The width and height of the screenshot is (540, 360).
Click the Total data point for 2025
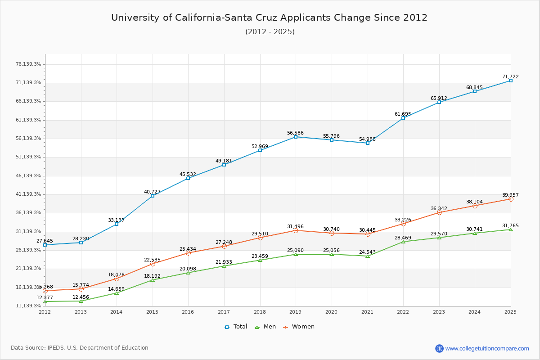510,81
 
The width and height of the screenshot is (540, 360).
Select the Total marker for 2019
296,137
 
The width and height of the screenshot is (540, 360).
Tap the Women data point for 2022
403,224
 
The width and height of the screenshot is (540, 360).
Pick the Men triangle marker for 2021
368,256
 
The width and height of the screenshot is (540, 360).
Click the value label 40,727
152,192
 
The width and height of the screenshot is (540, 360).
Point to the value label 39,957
510,195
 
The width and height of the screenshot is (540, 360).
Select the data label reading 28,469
403,238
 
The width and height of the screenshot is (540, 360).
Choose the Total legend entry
236,327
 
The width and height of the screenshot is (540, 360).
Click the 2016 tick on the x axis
188,311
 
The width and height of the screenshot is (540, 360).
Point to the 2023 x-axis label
439,311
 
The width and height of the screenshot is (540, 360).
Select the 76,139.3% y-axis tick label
28,64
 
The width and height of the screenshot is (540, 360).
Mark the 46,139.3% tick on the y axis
28,175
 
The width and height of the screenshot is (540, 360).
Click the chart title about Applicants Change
269,18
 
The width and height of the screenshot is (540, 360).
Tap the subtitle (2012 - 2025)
270,31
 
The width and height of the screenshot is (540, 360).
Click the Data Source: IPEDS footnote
80,348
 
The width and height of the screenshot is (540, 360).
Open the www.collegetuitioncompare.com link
487,348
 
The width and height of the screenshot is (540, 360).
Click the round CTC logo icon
439,348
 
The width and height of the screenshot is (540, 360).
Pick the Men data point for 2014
117,293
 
